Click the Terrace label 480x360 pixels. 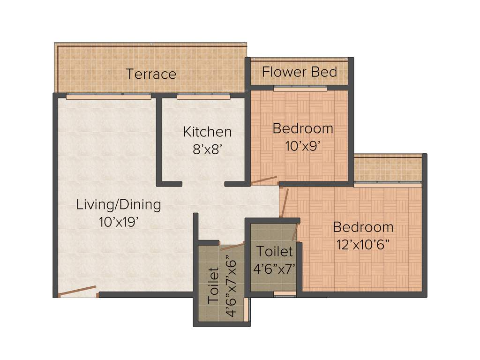coord(151,74)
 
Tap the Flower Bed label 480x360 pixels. coord(300,72)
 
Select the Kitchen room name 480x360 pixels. coord(207,132)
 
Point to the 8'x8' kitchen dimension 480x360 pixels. coord(207,149)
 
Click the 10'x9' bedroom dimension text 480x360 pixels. coord(303,146)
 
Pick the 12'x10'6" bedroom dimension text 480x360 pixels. coord(363,245)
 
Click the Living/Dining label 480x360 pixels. coord(119,204)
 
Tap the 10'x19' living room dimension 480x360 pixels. coord(118,222)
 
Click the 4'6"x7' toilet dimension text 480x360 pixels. coord(274,269)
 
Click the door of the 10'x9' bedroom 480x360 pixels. coord(263,180)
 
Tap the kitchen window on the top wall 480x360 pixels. coord(203,97)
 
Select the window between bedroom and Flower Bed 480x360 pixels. coord(300,88)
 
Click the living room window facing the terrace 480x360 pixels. coord(108,97)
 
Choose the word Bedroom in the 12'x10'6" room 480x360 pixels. coord(363,227)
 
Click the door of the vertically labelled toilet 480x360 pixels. coord(232,246)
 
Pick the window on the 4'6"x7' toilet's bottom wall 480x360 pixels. coord(285,294)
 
